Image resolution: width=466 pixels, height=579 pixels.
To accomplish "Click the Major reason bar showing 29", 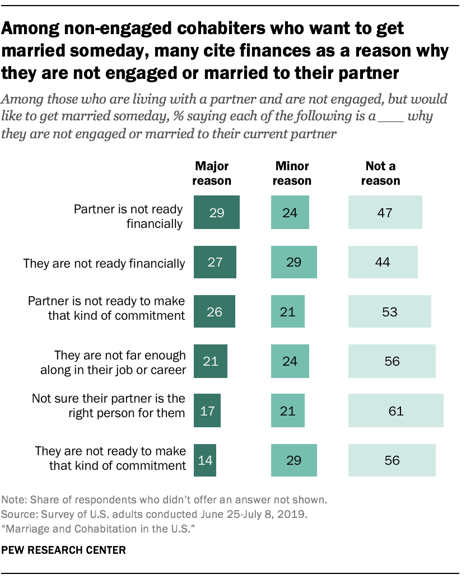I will pyautogui.click(x=216, y=213).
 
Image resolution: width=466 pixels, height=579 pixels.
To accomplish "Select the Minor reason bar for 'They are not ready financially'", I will pyautogui.click(x=293, y=262).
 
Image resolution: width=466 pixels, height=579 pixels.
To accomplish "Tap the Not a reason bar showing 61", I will pyautogui.click(x=395, y=410).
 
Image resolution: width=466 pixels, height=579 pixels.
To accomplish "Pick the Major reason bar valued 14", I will pyautogui.click(x=204, y=460).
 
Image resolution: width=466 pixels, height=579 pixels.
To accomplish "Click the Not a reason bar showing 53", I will pyautogui.click(x=389, y=311).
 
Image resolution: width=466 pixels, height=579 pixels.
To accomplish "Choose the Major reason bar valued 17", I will pyautogui.click(x=207, y=410).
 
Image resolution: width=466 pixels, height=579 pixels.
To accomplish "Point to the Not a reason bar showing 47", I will pyautogui.click(x=385, y=213).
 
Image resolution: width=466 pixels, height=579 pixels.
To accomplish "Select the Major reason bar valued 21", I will pyautogui.click(x=210, y=361).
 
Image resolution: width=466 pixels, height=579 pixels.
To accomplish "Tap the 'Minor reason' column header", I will pyautogui.click(x=293, y=174).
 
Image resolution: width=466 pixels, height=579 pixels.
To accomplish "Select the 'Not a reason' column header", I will pyautogui.click(x=381, y=174).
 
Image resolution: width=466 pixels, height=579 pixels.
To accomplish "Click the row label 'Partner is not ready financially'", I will pyautogui.click(x=129, y=216).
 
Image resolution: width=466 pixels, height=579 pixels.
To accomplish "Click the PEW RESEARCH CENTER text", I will pyautogui.click(x=64, y=550).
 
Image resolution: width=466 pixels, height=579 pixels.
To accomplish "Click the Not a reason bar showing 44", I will pyautogui.click(x=383, y=262).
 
